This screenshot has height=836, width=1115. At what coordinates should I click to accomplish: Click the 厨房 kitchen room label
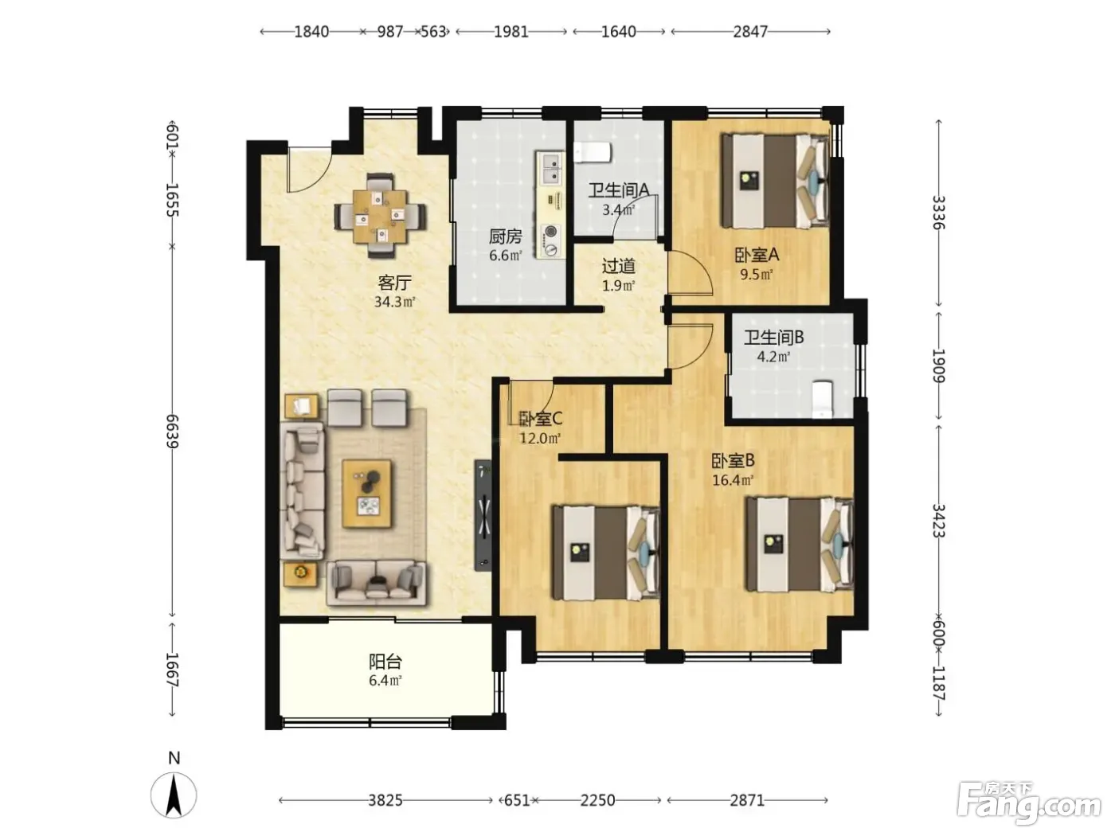pyautogui.click(x=505, y=236)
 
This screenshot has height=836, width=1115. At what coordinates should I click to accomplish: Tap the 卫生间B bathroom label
pyautogui.click(x=773, y=338)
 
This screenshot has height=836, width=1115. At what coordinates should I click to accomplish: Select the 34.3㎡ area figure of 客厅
pyautogui.click(x=395, y=302)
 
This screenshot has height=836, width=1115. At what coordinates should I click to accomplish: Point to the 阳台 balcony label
pyautogui.click(x=385, y=662)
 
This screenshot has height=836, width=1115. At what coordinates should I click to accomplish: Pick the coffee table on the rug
pyautogui.click(x=366, y=494)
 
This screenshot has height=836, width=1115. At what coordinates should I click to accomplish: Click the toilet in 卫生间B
pyautogui.click(x=821, y=400)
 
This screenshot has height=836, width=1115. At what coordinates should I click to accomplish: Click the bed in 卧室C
pyautogui.click(x=606, y=553)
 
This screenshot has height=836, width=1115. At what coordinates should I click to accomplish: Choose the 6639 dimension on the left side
pyautogui.click(x=173, y=431)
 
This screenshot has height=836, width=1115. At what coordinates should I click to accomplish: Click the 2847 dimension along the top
pyautogui.click(x=749, y=32)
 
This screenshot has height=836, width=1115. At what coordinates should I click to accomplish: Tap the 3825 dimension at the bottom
pyautogui.click(x=385, y=800)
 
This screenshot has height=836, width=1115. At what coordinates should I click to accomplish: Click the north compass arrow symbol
pyautogui.click(x=174, y=795)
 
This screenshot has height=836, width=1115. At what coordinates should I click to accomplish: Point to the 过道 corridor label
pyautogui.click(x=618, y=266)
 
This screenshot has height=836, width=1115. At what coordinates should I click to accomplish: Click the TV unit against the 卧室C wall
pyautogui.click(x=483, y=514)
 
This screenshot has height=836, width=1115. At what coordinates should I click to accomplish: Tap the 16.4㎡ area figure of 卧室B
pyautogui.click(x=733, y=479)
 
